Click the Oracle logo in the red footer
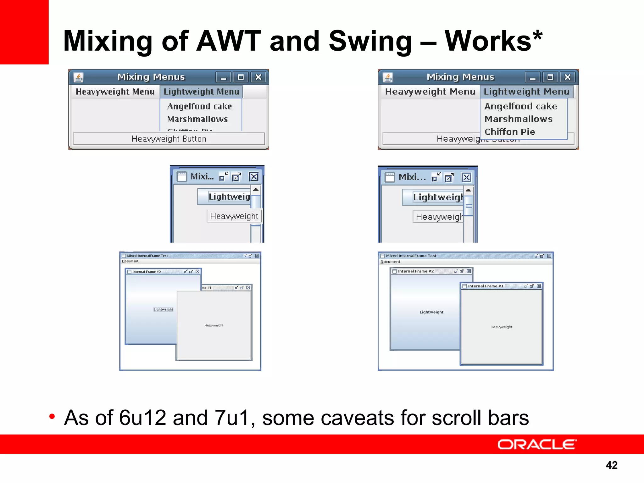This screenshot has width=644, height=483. (537, 444)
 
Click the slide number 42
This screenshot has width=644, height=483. (612, 465)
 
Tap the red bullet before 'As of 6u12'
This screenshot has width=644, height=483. (52, 417)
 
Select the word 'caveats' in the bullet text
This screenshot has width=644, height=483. (329, 418)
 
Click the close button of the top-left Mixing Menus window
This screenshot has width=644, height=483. (258, 77)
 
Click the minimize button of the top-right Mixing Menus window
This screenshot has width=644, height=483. (533, 77)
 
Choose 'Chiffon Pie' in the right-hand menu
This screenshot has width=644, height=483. (510, 132)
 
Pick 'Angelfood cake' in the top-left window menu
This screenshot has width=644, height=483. (199, 107)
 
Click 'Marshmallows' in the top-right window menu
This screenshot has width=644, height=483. (519, 119)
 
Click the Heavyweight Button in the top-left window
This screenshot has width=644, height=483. (169, 139)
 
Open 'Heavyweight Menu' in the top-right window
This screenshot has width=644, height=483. (430, 92)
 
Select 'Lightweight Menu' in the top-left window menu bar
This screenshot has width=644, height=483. (201, 92)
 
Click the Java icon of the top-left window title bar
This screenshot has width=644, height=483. (78, 77)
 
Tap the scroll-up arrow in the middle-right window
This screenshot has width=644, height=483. (468, 190)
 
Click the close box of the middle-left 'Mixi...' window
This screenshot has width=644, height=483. (254, 177)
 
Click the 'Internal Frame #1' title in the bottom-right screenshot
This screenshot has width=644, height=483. (486, 286)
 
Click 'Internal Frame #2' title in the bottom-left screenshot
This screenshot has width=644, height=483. (147, 272)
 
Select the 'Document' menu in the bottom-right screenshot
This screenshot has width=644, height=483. (390, 262)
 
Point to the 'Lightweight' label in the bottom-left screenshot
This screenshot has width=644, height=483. (163, 309)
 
